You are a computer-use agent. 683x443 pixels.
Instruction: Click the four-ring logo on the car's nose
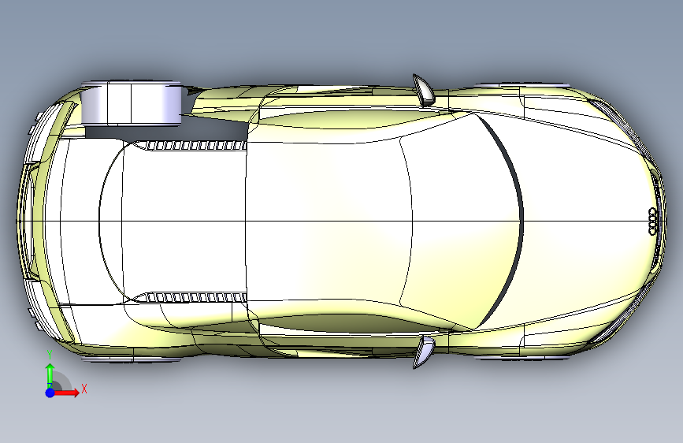tap(652, 221)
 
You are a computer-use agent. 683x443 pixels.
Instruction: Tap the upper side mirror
tap(423, 91)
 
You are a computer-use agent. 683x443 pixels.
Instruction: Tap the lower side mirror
tap(423, 352)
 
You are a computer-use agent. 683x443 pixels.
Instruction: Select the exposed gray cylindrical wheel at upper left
tap(131, 104)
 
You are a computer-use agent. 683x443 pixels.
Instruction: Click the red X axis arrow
tap(66, 393)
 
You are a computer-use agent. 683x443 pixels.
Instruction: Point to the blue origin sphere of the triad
tap(50, 393)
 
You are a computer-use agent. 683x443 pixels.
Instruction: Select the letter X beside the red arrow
tap(84, 389)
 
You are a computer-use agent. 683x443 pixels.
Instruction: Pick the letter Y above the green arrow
tap(50, 355)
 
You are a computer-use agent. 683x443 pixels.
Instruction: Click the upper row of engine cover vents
tap(196, 146)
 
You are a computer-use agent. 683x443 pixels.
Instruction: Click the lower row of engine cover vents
tap(196, 297)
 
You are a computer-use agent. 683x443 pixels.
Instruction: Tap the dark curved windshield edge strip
tap(505, 220)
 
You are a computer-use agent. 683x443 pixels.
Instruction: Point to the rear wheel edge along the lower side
tap(131, 359)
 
